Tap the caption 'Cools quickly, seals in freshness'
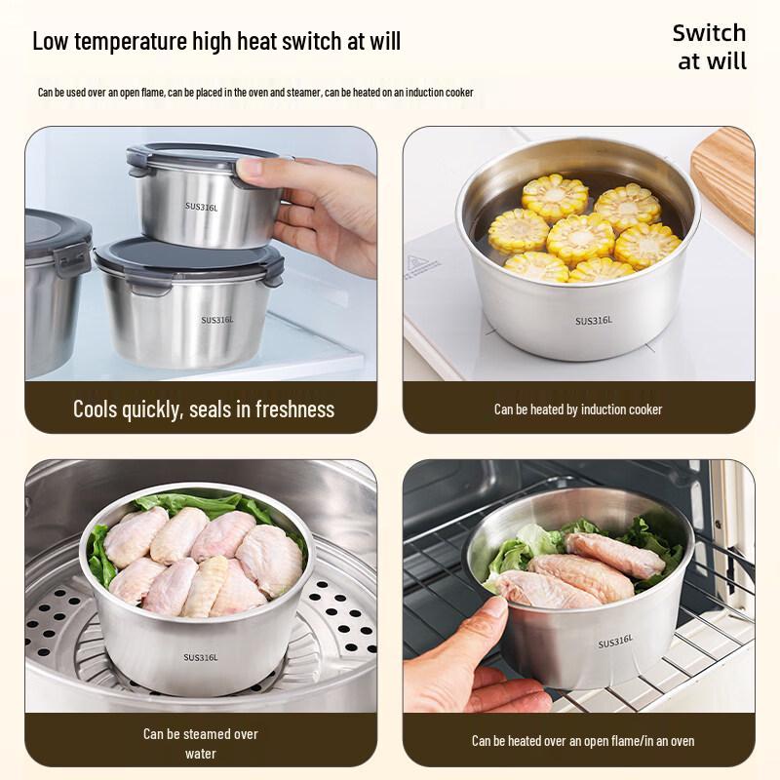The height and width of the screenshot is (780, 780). [x=203, y=409]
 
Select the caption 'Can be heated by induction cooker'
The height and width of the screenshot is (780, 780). [x=578, y=409]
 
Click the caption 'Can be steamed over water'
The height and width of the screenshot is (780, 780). [x=201, y=743]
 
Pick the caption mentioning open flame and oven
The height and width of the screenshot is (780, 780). [x=583, y=741]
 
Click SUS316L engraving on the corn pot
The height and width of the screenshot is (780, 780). [x=592, y=321]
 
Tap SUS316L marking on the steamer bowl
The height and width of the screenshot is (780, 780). [x=201, y=657]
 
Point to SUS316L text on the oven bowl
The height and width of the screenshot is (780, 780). [x=615, y=642]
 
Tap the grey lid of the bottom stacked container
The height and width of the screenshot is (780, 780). [x=185, y=256]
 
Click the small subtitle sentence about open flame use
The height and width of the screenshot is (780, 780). [x=255, y=93]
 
